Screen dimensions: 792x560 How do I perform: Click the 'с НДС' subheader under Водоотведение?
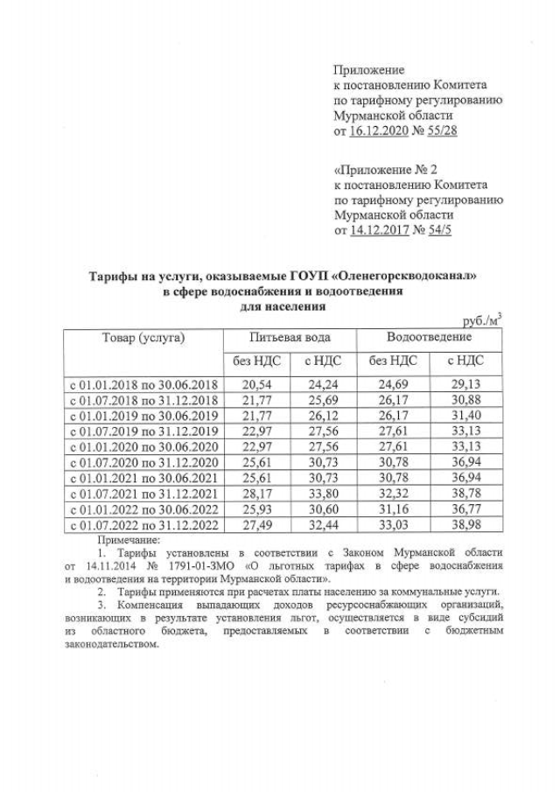pyautogui.click(x=465, y=360)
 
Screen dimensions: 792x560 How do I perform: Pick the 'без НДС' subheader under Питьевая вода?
pyautogui.click(x=252, y=360)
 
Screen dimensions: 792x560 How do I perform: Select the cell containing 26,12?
pyautogui.click(x=323, y=415)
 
